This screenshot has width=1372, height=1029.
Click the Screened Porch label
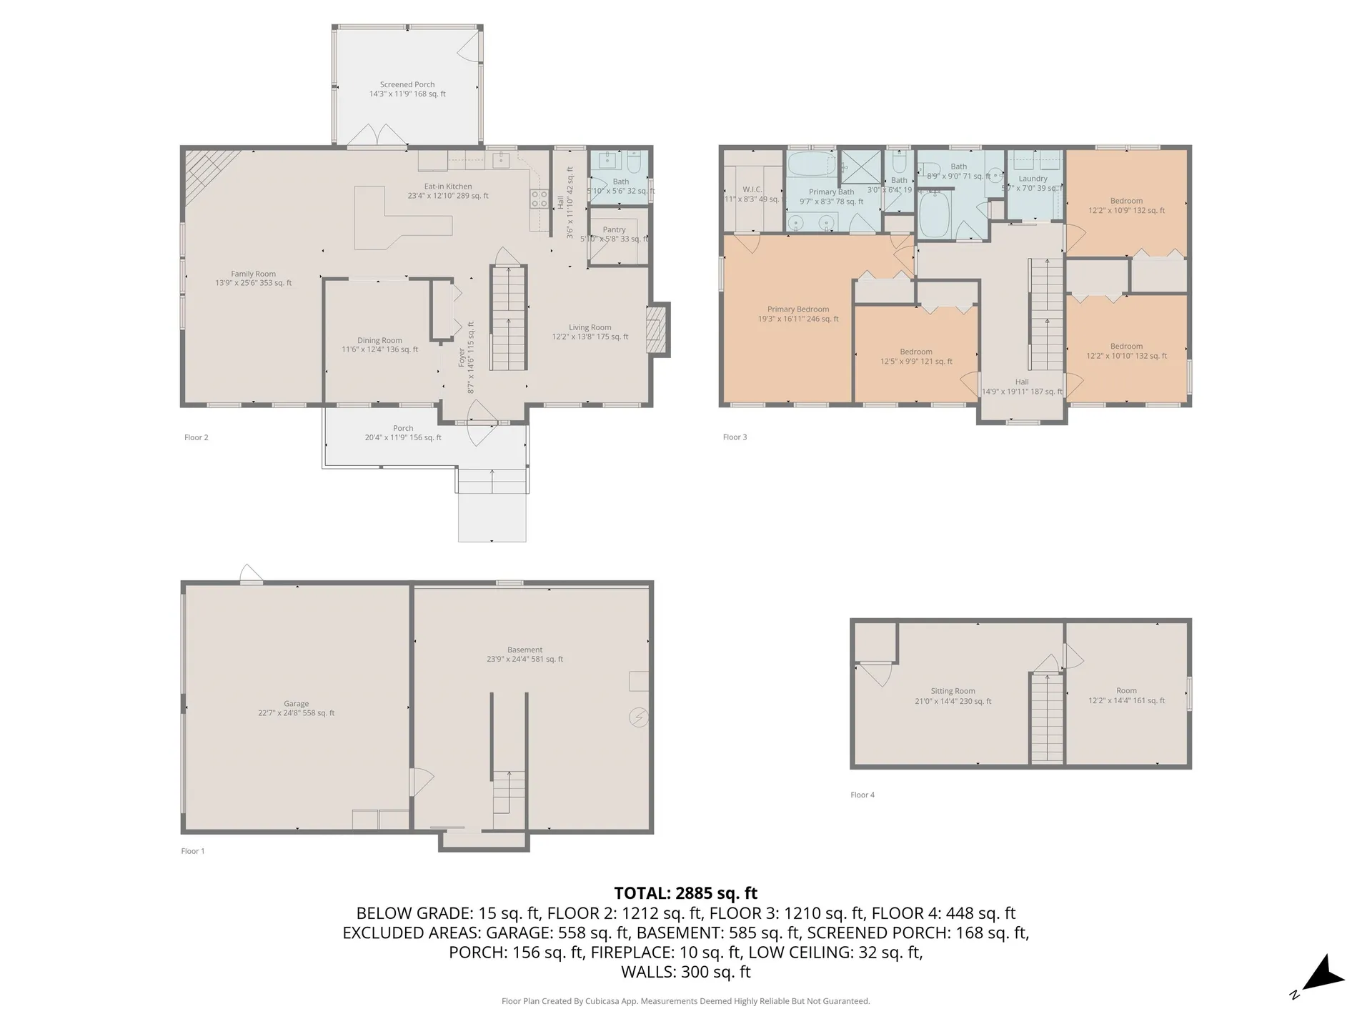pyautogui.click(x=407, y=85)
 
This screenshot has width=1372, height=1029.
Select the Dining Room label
pyautogui.click(x=379, y=341)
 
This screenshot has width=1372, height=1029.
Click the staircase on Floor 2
pyautogui.click(x=508, y=318)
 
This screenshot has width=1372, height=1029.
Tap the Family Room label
pyautogui.click(x=253, y=274)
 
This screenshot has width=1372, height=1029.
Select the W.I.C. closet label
pyautogui.click(x=752, y=190)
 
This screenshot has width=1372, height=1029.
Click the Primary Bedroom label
pyautogui.click(x=798, y=309)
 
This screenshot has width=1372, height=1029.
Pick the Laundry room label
pyautogui.click(x=1033, y=179)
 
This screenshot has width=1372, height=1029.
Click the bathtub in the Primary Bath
pyautogui.click(x=811, y=164)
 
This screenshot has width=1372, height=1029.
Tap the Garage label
pyautogui.click(x=296, y=704)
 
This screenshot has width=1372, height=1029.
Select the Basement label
pyautogui.click(x=525, y=650)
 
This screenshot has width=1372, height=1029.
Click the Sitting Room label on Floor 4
pyautogui.click(x=953, y=691)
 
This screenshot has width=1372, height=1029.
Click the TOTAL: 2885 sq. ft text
pyautogui.click(x=685, y=893)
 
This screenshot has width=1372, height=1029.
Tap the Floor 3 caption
pyautogui.click(x=735, y=437)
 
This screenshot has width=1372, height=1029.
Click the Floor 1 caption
pyautogui.click(x=193, y=851)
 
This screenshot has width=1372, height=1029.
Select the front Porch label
pyautogui.click(x=403, y=429)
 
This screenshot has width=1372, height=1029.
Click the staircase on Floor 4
pyautogui.click(x=1047, y=718)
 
